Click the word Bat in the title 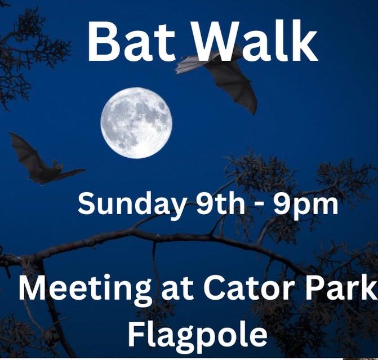131,41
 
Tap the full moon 136,123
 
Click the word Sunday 131,205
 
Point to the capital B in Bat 101,42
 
